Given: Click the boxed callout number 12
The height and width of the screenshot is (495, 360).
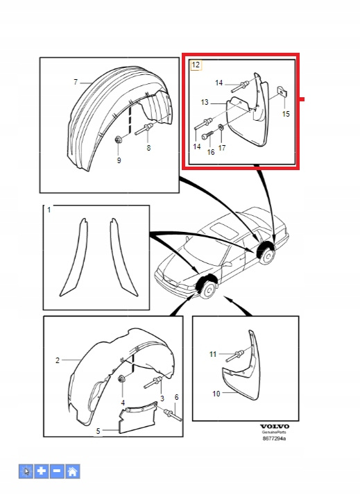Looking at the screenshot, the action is point(196,65).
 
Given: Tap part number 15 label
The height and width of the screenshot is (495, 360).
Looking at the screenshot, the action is point(286,114).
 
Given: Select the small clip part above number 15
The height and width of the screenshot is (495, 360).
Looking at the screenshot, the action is point(282,92).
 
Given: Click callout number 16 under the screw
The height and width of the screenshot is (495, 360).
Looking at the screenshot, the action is point(211,152).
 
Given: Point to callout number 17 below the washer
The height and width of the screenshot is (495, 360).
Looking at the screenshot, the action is point(222,148).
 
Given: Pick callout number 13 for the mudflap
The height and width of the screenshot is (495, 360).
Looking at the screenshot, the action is point(205,102).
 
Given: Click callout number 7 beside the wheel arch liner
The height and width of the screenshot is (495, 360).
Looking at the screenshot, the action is point(76,82).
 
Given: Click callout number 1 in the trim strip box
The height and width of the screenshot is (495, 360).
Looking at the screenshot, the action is point(49,210).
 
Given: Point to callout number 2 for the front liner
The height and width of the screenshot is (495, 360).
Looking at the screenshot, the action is point(58,360).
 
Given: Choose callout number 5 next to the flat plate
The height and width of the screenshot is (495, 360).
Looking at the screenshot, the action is point(98,431).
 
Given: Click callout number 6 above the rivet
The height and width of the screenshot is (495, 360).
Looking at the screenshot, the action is point(176,397).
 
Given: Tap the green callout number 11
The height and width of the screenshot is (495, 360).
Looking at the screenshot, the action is point(213,354).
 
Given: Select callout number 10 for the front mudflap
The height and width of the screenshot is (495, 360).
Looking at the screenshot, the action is point(216,394).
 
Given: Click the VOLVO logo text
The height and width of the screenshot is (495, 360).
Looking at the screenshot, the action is point(275,426).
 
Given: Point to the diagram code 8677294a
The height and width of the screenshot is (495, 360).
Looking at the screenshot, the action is point(275,439).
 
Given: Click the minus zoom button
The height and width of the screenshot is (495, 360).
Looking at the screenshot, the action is point(57,471).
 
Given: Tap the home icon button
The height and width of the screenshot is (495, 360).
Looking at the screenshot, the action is point(73,471).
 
